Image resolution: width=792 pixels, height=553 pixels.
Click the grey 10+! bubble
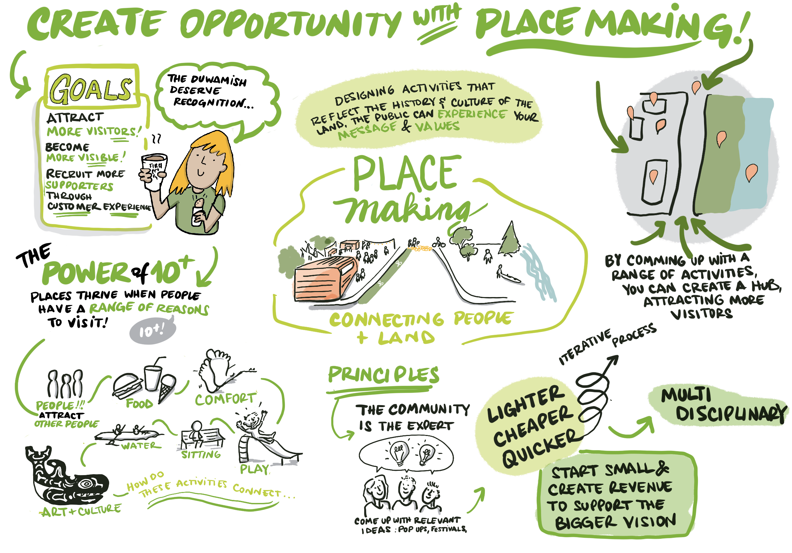tap(152, 331)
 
